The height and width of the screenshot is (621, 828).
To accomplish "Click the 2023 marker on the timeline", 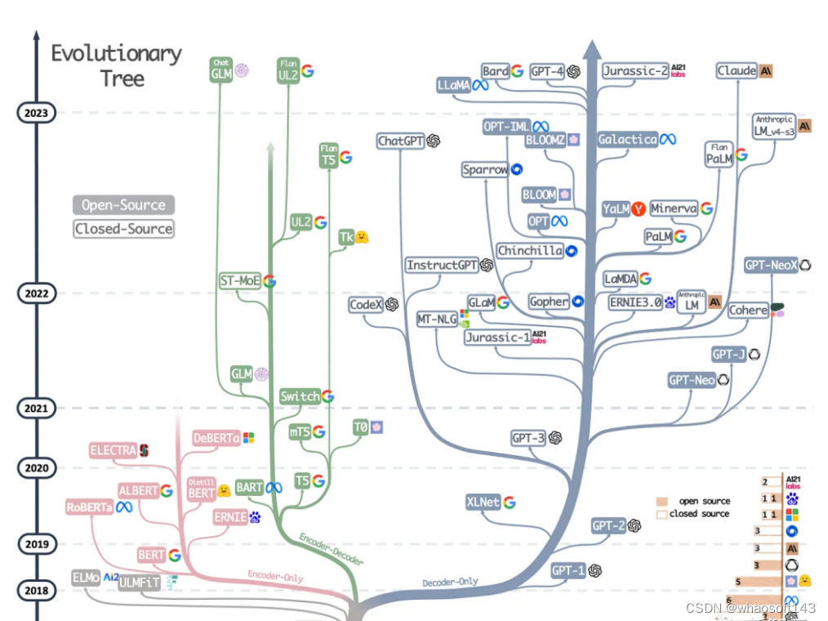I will [37, 112].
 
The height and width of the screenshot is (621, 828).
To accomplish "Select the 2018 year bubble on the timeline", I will [37, 589].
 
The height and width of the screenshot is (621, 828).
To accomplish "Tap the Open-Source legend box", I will [123, 205].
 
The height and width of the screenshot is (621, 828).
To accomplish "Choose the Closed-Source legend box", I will [123, 229].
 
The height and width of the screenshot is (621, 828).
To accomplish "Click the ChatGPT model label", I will [401, 141].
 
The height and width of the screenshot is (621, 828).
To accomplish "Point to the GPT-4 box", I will [547, 71].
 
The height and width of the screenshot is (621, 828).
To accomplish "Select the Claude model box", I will [737, 71].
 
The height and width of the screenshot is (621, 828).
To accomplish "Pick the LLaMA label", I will [453, 85].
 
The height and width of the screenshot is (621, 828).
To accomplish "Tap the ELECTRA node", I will [114, 449].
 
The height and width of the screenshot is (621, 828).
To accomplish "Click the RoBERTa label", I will [90, 507].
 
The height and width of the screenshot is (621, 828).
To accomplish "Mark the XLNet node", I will [483, 502].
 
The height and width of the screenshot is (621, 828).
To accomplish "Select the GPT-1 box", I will [568, 570].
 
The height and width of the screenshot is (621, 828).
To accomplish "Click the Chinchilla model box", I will [530, 251].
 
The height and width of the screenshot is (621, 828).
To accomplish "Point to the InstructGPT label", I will [442, 265].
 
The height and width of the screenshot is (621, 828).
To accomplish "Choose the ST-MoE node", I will [240, 281].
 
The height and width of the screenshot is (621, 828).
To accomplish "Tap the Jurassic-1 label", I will [497, 337].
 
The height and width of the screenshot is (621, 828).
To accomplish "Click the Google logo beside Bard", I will [517, 71].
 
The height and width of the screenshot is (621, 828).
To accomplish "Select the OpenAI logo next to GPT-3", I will [555, 438].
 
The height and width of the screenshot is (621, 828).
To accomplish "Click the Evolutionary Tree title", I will [117, 66].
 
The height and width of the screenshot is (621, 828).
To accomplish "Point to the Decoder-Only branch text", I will [450, 582].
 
